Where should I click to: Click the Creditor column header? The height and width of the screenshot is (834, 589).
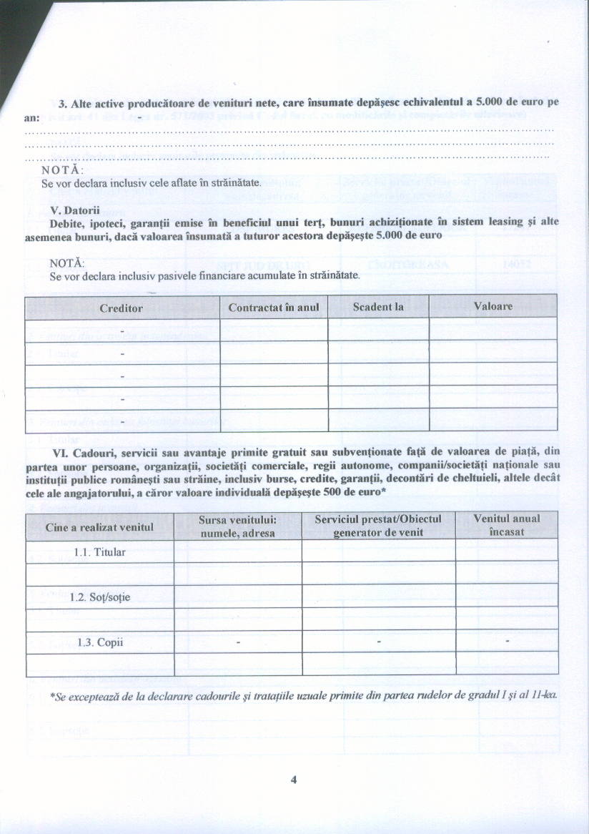122,307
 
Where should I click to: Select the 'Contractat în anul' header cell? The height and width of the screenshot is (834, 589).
273,307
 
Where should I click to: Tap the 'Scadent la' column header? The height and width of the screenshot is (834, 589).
378,307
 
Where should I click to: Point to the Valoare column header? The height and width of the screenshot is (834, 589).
493,306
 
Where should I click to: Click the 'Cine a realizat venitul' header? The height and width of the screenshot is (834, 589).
99,527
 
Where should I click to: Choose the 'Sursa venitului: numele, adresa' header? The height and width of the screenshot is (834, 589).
237,526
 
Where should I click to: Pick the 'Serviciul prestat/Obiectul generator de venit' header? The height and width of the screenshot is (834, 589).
378,526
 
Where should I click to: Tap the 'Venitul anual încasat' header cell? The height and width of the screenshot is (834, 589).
506,526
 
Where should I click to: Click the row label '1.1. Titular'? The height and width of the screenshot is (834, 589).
99,552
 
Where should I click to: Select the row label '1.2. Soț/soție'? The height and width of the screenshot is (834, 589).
100,597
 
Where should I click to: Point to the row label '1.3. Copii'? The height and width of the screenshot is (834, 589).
100,642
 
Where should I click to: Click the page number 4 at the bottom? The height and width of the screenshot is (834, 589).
293,780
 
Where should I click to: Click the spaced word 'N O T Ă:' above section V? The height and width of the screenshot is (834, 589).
62,170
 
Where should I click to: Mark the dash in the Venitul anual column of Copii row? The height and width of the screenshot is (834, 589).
506,642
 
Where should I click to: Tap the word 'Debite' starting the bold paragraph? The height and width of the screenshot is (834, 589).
66,222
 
